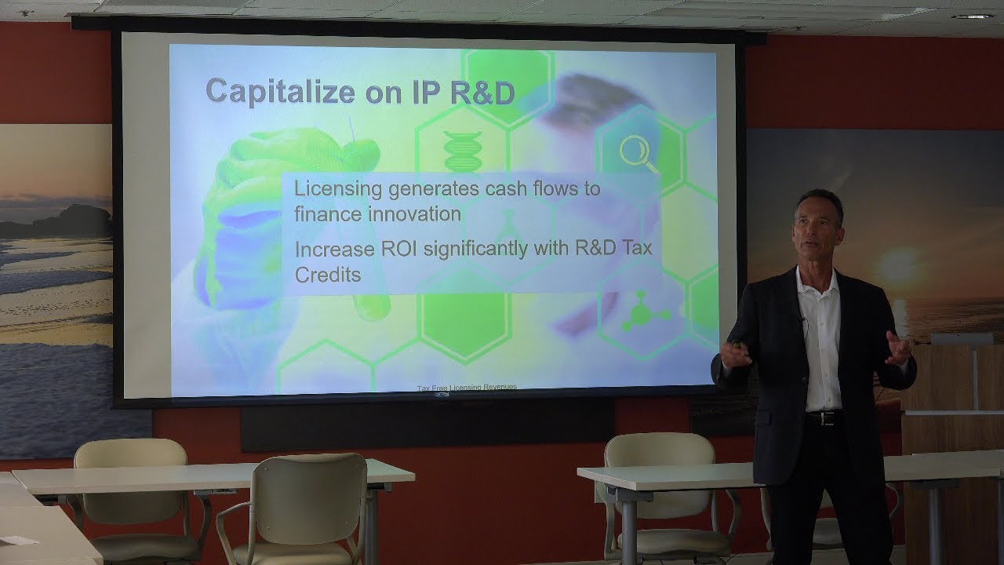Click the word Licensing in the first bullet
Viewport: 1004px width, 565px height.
(337, 189)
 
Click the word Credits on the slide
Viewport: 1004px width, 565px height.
(328, 275)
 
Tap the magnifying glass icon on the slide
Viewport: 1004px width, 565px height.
(638, 154)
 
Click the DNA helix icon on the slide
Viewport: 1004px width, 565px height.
(463, 151)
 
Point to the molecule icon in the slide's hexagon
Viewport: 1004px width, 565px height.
(642, 312)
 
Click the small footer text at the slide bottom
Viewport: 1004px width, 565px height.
(467, 387)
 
